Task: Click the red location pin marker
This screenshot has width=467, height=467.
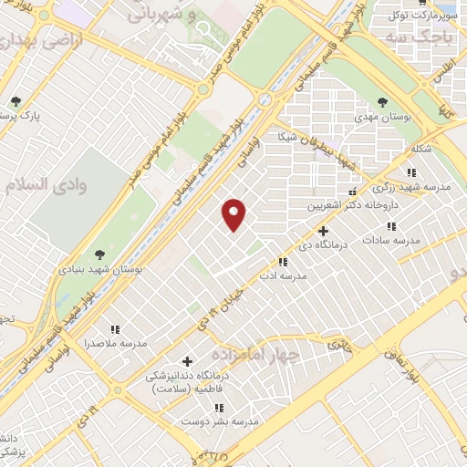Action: pyautogui.click(x=234, y=214)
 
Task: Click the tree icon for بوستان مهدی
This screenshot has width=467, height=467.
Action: pyautogui.click(x=382, y=102)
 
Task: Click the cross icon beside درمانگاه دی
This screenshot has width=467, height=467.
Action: pyautogui.click(x=323, y=231)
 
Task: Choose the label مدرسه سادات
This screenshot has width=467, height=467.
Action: pyautogui.click(x=392, y=240)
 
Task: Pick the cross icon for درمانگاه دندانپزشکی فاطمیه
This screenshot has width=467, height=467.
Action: pyautogui.click(x=188, y=361)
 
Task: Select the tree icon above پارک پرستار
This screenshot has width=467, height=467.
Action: pyautogui.click(x=15, y=101)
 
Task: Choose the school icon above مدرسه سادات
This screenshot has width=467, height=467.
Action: pyautogui.click(x=392, y=225)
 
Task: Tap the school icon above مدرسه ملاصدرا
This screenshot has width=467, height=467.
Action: pyautogui.click(x=115, y=329)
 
